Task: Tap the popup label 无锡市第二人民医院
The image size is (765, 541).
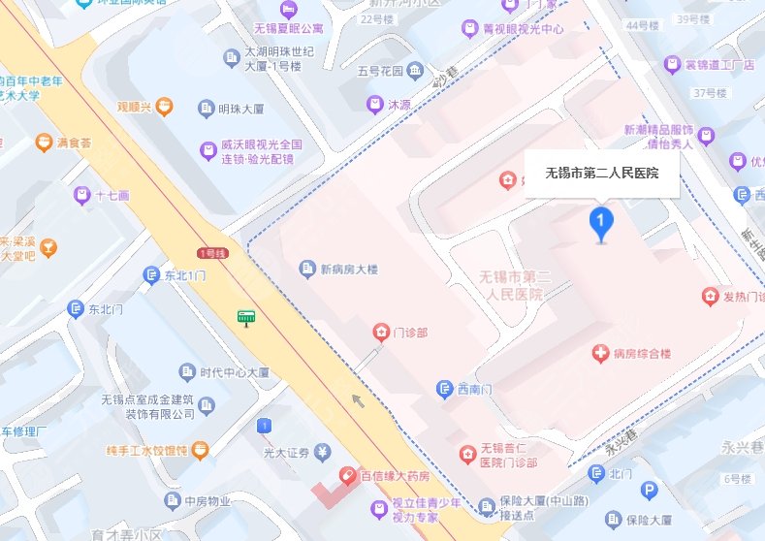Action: (601, 175)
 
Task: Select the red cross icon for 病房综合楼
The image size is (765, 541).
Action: (600, 355)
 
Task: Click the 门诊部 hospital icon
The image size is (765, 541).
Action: (380, 333)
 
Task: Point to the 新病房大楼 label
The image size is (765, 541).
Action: (355, 269)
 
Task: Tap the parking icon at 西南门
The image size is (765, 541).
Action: (444, 390)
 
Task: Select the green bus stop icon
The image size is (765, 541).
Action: (247, 317)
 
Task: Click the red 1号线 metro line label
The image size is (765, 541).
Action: (210, 253)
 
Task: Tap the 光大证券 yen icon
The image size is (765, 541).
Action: (322, 452)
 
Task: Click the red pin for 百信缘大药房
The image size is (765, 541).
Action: (344, 476)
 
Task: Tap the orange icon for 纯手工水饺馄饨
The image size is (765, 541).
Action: (199, 450)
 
